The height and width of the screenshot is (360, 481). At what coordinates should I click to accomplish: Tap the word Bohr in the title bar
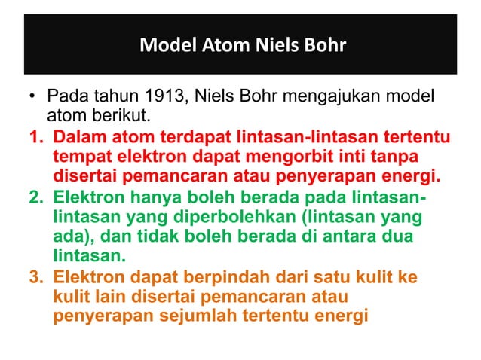tap(323, 46)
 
